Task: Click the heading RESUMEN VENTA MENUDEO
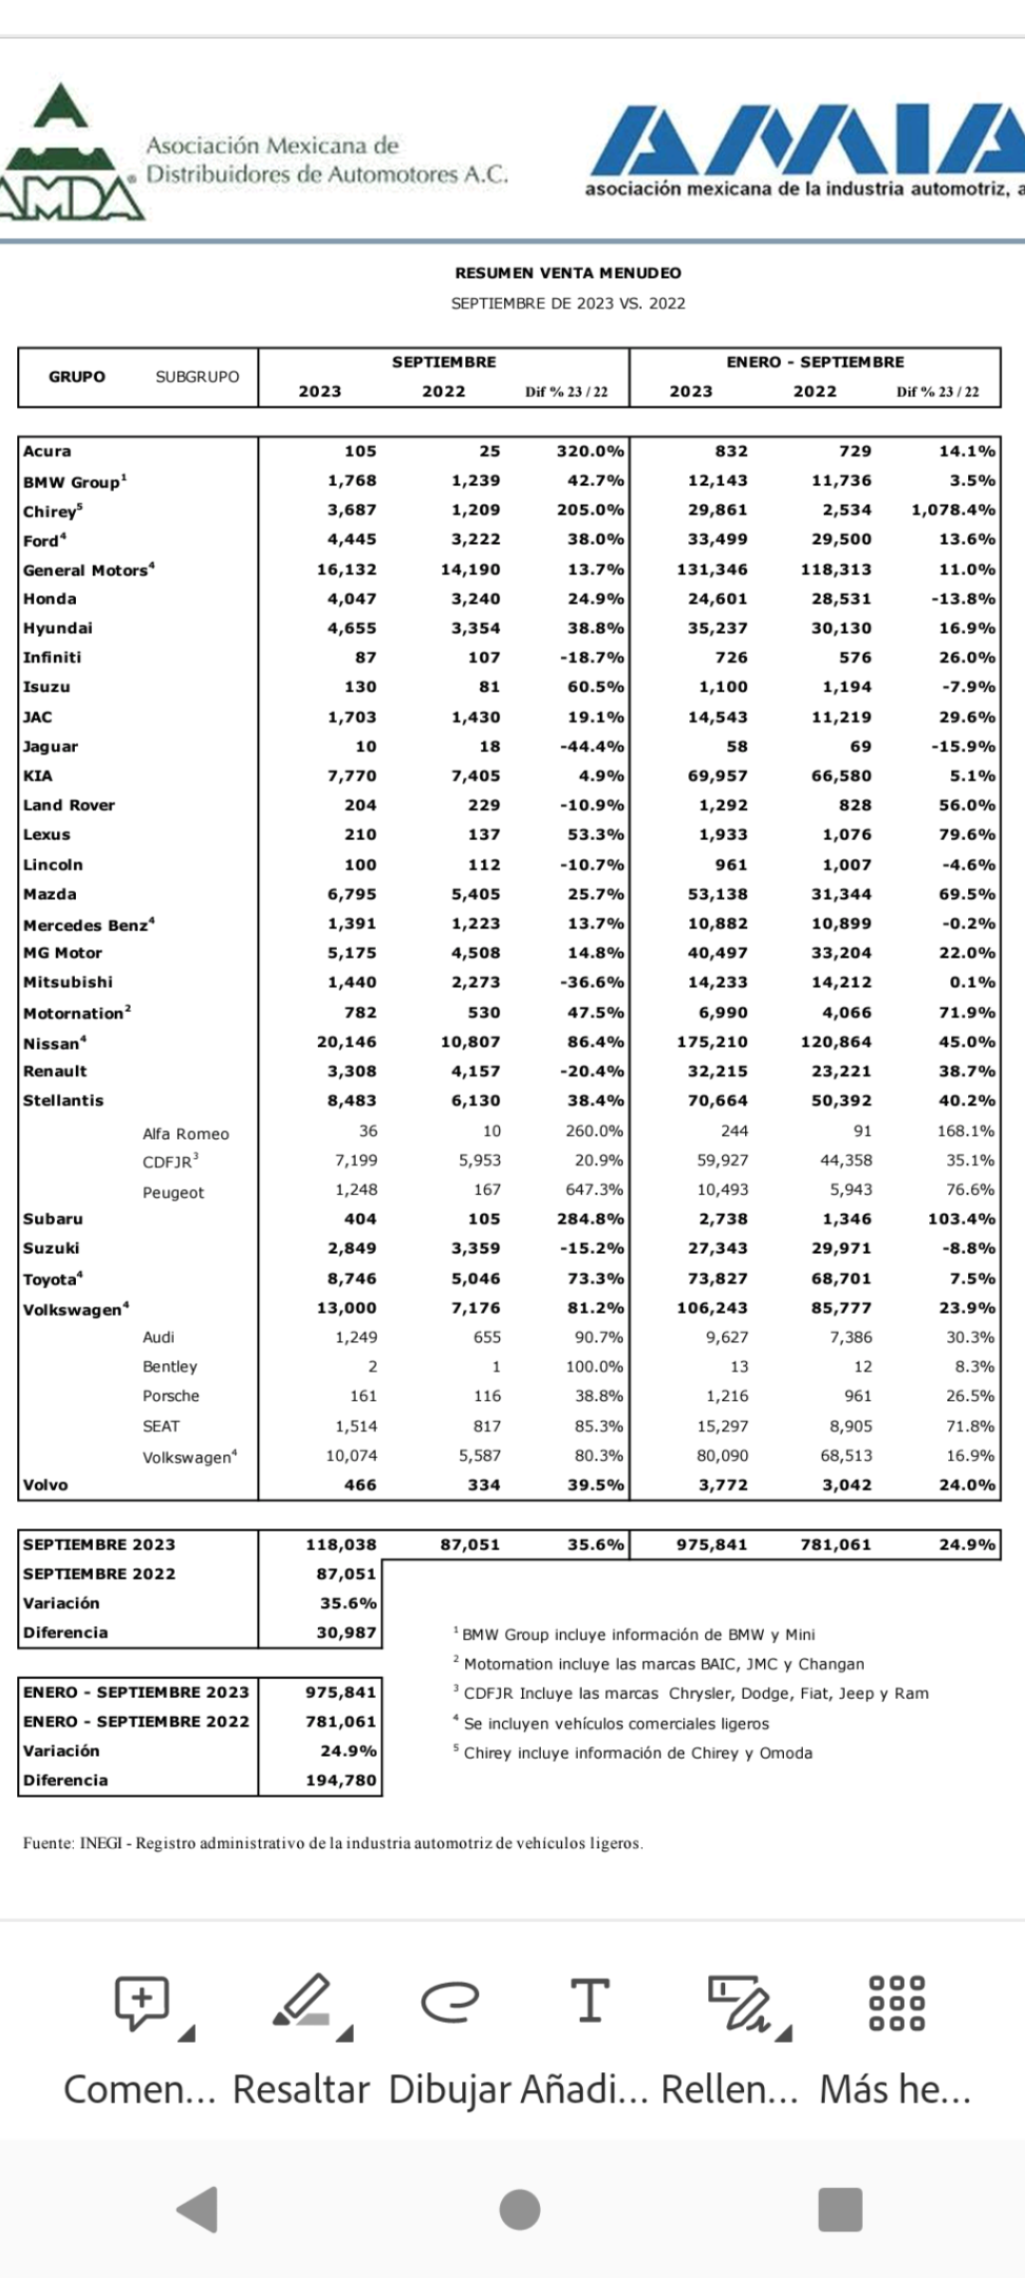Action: pyautogui.click(x=568, y=273)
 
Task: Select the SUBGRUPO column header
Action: pyautogui.click(x=197, y=377)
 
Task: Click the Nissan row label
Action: pyautogui.click(x=53, y=1043)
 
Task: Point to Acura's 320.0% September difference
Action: pyautogui.click(x=590, y=452)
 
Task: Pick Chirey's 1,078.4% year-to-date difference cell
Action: pyautogui.click(x=953, y=511)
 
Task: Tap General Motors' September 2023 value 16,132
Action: pyautogui.click(x=346, y=569)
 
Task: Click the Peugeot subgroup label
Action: pyautogui.click(x=173, y=1193)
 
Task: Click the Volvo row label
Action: pyautogui.click(x=46, y=1485)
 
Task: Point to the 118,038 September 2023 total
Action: pyautogui.click(x=341, y=1545)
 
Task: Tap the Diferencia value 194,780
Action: pyautogui.click(x=341, y=1781)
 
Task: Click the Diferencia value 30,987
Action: pyautogui.click(x=346, y=1633)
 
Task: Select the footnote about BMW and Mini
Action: pyautogui.click(x=636, y=1634)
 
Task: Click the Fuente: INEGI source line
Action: pyautogui.click(x=332, y=1843)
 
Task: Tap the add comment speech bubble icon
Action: pyautogui.click(x=142, y=2002)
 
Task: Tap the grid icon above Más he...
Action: pyautogui.click(x=896, y=2002)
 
